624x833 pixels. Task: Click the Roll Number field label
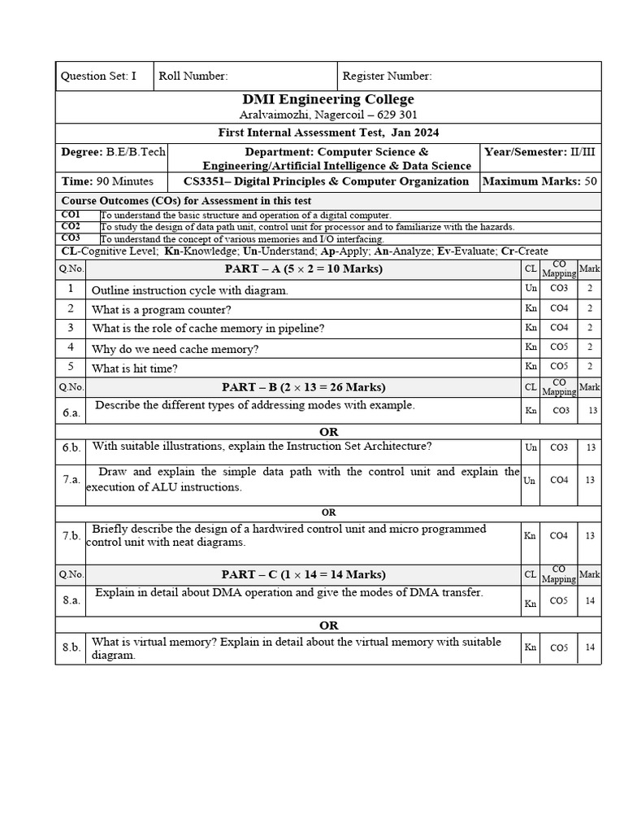(x=193, y=76)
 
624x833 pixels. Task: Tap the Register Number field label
(x=387, y=76)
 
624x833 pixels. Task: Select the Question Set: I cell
(x=98, y=76)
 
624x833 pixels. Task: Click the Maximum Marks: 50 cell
(x=539, y=181)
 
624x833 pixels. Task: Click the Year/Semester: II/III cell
(x=539, y=152)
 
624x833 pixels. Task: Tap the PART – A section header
(x=303, y=269)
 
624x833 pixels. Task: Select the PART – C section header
(x=303, y=574)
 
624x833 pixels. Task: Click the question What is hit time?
(x=135, y=369)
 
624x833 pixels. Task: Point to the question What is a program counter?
(x=162, y=309)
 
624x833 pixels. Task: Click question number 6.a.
(x=71, y=412)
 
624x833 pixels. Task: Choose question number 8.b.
(x=71, y=648)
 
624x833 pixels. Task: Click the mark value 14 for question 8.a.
(x=591, y=603)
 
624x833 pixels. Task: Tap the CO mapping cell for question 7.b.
(x=559, y=535)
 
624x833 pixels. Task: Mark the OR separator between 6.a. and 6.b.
(x=328, y=432)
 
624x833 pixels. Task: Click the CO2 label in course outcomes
(x=71, y=226)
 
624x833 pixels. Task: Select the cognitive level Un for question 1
(x=531, y=288)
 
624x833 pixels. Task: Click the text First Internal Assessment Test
(x=301, y=133)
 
